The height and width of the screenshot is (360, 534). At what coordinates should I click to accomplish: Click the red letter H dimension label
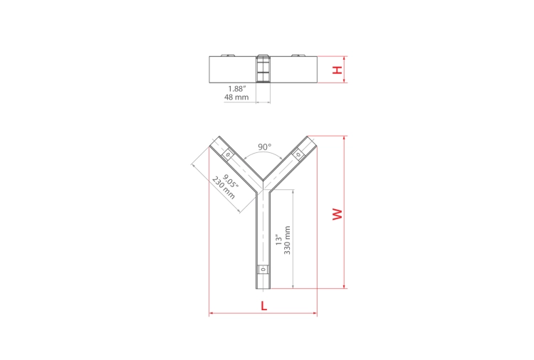[337, 70]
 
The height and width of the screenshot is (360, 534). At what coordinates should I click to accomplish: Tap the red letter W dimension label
[337, 214]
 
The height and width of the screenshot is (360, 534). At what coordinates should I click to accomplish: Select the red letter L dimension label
[264, 306]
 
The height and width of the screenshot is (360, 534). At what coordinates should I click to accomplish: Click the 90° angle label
[265, 147]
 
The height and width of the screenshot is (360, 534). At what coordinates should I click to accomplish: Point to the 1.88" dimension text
[236, 89]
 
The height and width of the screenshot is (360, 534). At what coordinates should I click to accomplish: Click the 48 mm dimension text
[236, 97]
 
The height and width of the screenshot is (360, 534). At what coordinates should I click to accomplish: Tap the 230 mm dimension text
[223, 188]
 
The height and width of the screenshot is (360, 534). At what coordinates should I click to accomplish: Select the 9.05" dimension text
[231, 181]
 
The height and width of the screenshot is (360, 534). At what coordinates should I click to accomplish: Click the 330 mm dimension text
[287, 240]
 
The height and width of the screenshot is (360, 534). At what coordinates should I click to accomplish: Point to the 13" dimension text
[279, 240]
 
